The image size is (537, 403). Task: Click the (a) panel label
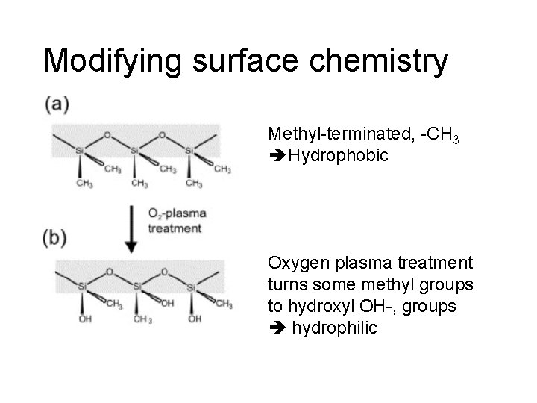coord(56,104)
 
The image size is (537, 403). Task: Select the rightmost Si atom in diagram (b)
coord(191,287)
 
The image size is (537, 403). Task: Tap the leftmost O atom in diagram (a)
coord(107,135)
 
